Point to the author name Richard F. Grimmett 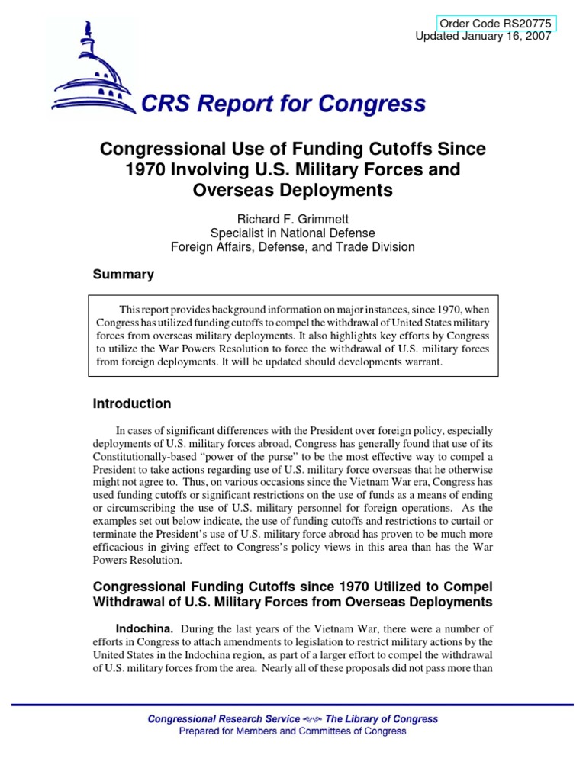(x=293, y=219)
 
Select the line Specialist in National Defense (x=293, y=233)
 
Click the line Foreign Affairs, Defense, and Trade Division (x=293, y=246)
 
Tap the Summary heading (x=123, y=275)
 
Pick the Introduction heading (x=131, y=403)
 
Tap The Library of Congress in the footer (x=382, y=718)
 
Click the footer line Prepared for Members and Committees (x=292, y=731)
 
